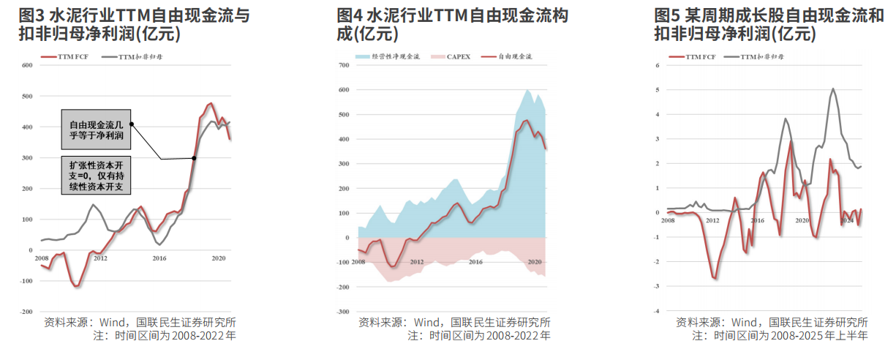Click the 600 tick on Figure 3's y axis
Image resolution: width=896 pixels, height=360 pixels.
29,66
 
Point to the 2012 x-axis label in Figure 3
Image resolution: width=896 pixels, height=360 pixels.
100,258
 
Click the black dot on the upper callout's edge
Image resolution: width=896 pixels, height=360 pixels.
132,124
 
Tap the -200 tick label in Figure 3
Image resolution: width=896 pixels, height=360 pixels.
27,312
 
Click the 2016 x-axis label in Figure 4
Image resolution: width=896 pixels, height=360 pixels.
475,262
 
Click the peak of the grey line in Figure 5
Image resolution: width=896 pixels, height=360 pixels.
833,89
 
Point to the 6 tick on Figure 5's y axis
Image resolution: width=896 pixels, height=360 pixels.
658,66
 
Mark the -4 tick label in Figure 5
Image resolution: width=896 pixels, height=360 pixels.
657,312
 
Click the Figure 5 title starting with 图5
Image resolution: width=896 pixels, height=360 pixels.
768,24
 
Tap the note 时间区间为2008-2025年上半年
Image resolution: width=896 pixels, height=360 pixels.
780,336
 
